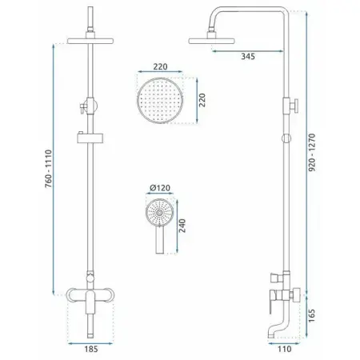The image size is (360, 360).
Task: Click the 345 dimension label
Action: [x=248, y=57]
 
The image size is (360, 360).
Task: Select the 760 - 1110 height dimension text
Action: [x=49, y=169]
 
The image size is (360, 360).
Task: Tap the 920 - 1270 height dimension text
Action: [x=312, y=152]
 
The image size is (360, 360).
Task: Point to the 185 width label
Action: [x=91, y=349]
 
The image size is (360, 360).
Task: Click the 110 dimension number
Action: [x=285, y=349]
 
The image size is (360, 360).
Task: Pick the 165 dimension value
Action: [x=311, y=316]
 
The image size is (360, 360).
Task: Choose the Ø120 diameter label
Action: [x=160, y=188]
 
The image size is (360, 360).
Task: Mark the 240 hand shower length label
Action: [x=182, y=226]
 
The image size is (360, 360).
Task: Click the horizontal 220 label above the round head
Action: [x=160, y=66]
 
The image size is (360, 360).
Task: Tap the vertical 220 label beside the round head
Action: [x=202, y=100]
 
